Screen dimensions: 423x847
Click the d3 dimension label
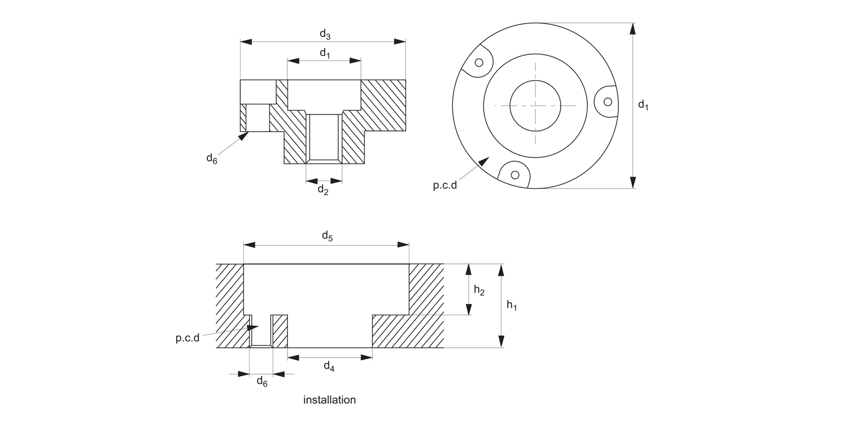click(x=325, y=34)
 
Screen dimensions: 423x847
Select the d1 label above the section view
click(x=325, y=54)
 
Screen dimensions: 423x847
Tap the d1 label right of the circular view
click(x=643, y=105)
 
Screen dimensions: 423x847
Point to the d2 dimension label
click(x=323, y=190)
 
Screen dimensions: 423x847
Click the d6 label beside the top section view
click(x=211, y=158)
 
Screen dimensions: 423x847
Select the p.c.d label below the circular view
click(x=445, y=186)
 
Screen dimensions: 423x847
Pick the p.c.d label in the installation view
click(x=187, y=338)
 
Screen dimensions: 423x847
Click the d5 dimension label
click(x=328, y=236)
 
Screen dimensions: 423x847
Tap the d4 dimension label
click(x=329, y=367)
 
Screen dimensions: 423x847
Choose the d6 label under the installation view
click(x=262, y=382)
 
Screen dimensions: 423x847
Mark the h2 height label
click(x=479, y=290)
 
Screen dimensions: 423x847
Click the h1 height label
click(x=512, y=305)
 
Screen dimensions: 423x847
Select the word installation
click(x=330, y=400)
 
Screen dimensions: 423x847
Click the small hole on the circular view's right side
click(x=608, y=102)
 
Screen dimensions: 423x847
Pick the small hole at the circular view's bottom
click(x=516, y=174)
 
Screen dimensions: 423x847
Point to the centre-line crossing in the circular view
click(x=535, y=105)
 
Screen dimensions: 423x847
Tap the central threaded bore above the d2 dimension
click(x=324, y=136)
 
